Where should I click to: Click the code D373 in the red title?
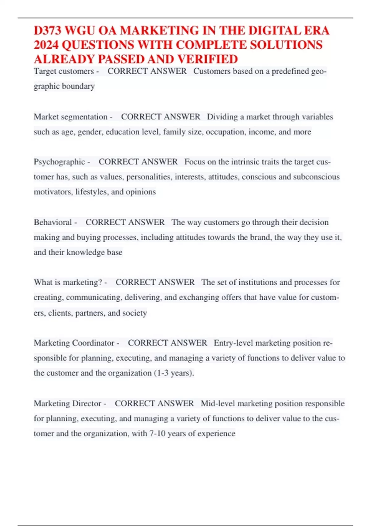coord(48,31)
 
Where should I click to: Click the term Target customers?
coord(64,71)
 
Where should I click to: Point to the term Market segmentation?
coord(70,117)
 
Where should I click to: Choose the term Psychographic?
coord(59,162)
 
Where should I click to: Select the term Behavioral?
coord(53,222)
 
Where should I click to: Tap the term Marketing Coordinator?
coord(74,343)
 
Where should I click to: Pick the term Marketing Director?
coord(68,403)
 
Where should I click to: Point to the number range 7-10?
coord(157,433)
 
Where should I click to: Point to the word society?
coord(134,313)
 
